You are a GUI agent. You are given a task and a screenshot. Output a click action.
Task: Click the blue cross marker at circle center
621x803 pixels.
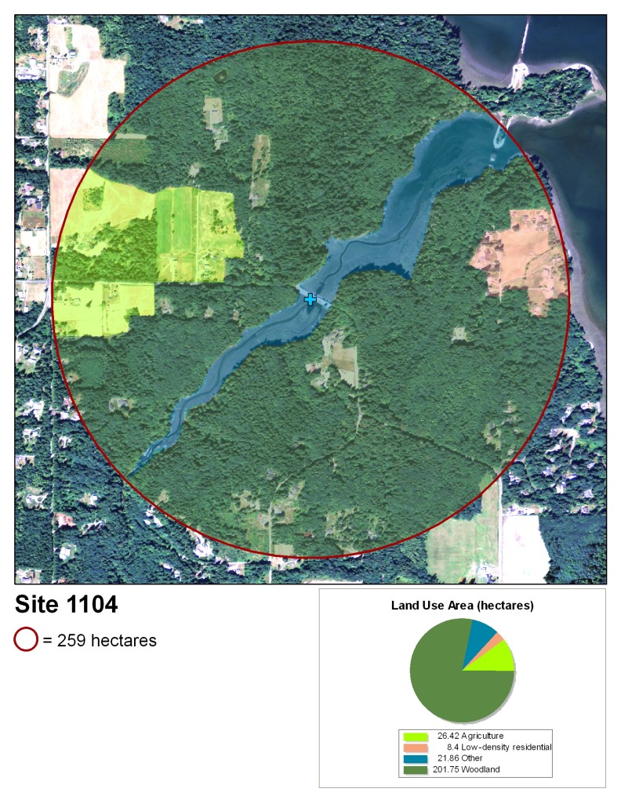pos(310,299)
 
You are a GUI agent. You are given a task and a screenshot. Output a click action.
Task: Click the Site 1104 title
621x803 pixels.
pos(67,605)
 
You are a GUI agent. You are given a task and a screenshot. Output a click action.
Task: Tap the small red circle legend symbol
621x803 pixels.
pos(26,640)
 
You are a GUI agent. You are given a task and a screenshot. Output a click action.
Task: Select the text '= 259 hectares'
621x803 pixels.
pos(100,641)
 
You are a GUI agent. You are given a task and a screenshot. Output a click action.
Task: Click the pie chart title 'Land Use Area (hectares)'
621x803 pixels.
pos(462,606)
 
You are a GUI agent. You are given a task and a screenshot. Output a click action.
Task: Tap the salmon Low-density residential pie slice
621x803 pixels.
pos(496,640)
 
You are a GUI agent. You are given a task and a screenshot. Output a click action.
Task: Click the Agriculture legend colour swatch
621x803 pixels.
pos(416,737)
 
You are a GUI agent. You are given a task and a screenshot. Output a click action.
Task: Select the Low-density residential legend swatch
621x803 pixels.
pos(416,748)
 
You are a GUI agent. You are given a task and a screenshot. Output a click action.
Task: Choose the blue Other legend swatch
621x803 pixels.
pos(416,758)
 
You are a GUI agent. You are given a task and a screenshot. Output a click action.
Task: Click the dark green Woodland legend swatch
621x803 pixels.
pos(416,769)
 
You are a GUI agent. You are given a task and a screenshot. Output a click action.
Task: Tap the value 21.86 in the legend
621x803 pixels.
pos(448,758)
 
